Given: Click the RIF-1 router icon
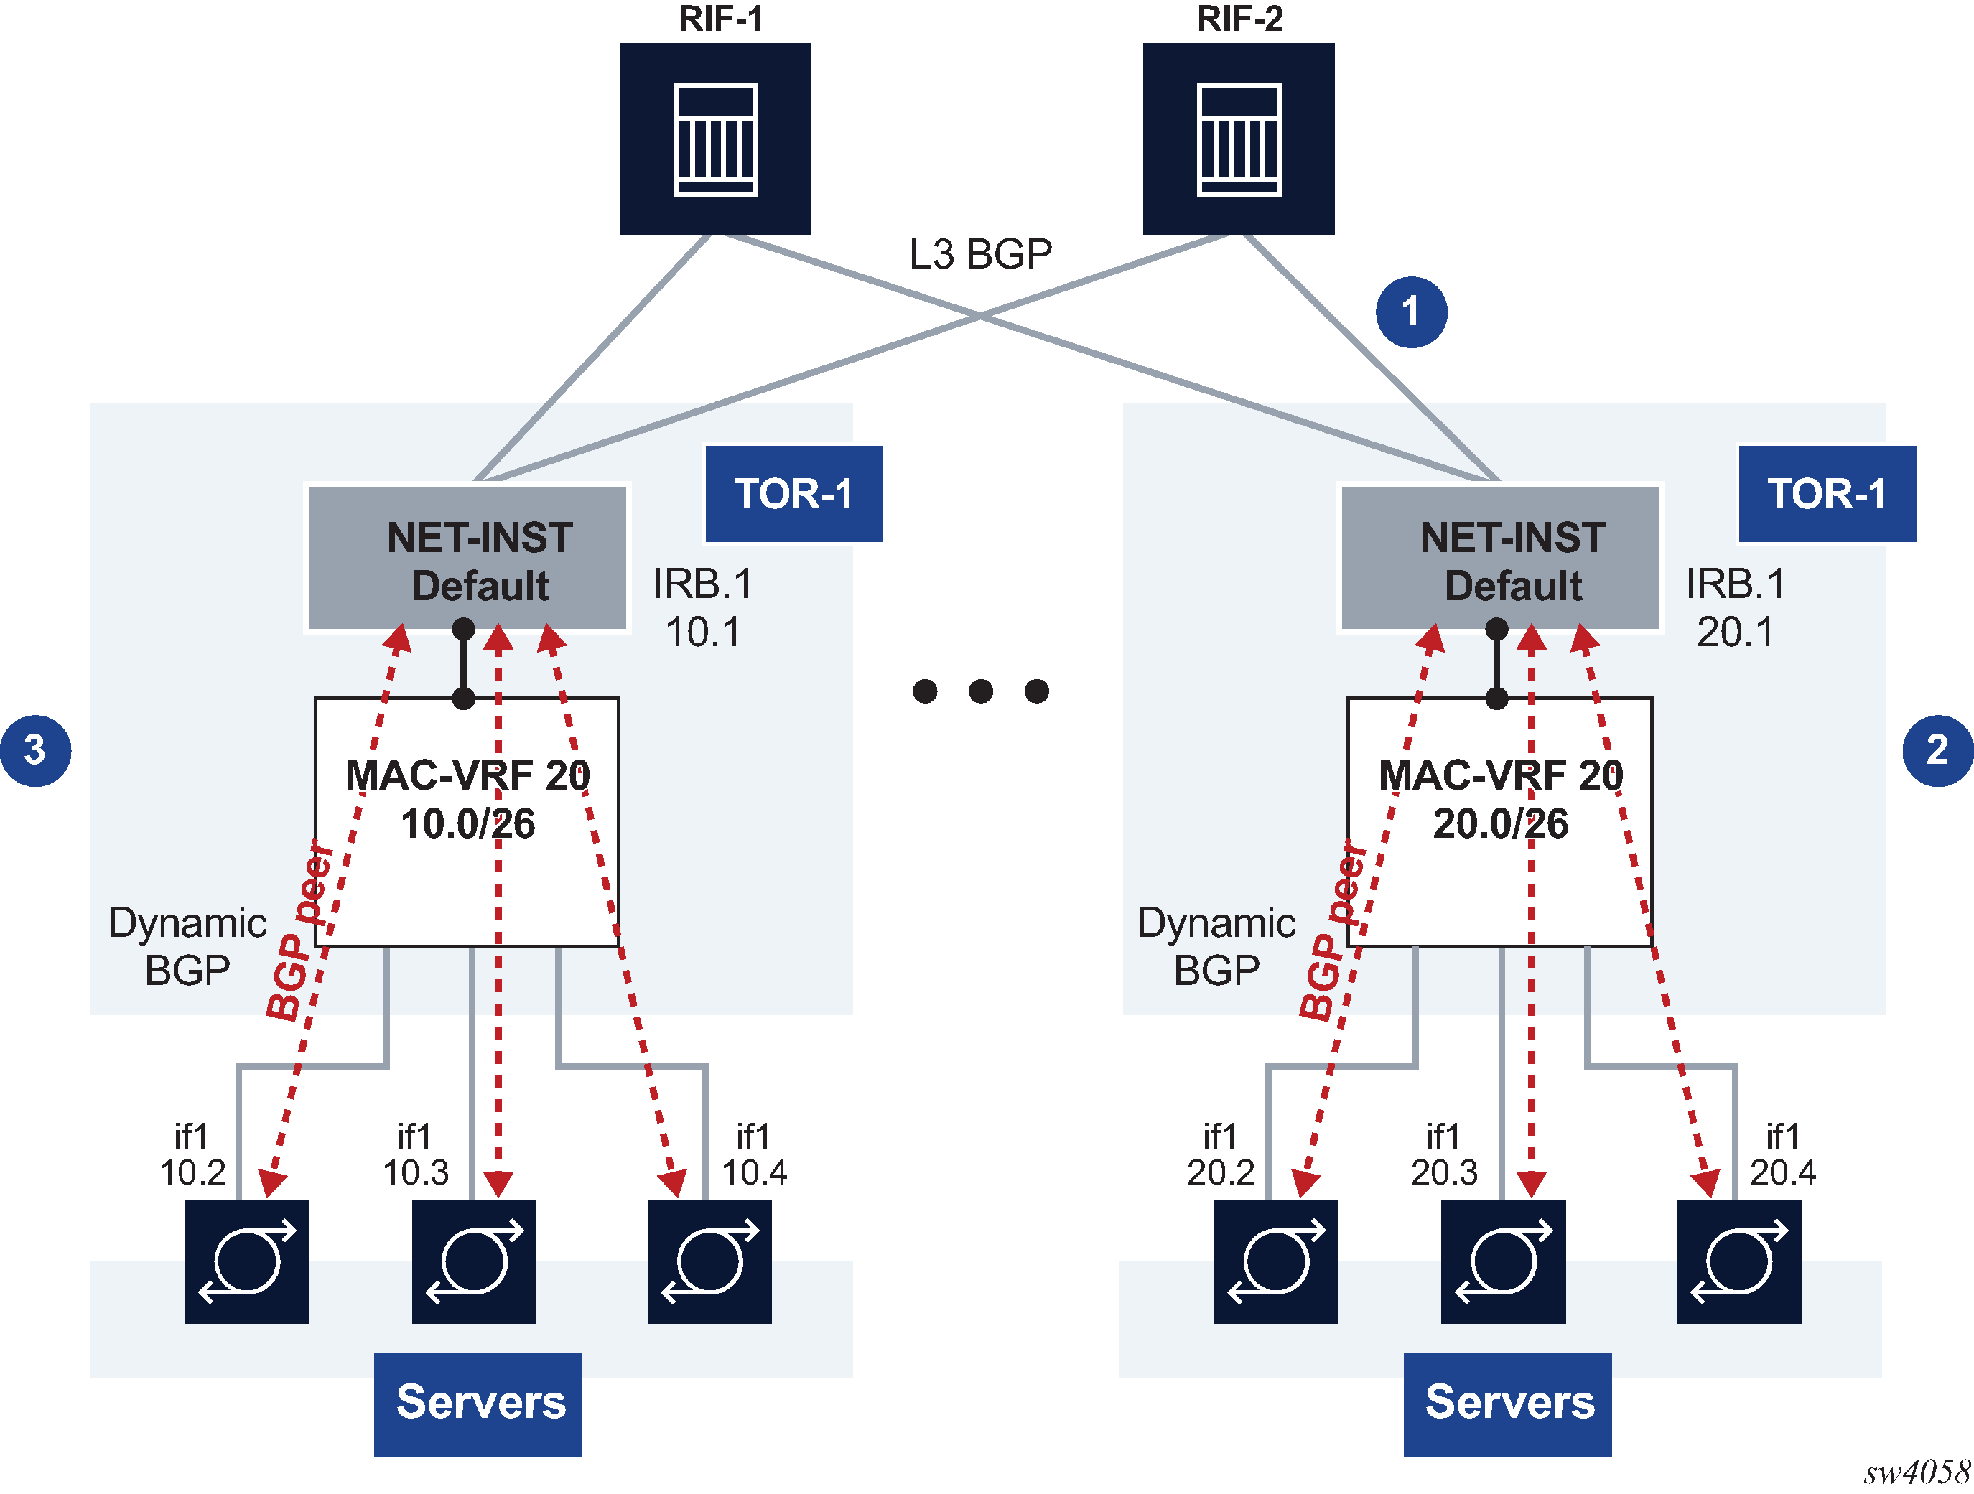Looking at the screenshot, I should (x=714, y=139).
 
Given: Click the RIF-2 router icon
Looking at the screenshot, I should (x=1239, y=139).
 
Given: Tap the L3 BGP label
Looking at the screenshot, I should (x=980, y=254).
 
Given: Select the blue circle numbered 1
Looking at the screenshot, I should (x=1411, y=312).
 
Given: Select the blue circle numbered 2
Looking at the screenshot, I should (x=1937, y=750).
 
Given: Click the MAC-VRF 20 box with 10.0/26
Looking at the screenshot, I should (x=467, y=821).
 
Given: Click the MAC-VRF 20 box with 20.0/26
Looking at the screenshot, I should (x=1499, y=821).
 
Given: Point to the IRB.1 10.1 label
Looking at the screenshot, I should (x=702, y=608).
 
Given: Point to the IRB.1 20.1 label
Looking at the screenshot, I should (x=1735, y=608).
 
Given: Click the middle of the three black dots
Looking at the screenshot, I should (x=981, y=691).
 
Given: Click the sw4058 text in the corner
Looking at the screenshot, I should (x=1916, y=1472).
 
